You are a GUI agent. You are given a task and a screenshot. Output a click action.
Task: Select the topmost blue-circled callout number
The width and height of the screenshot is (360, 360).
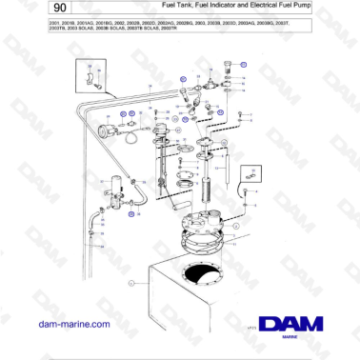point(242,65)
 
